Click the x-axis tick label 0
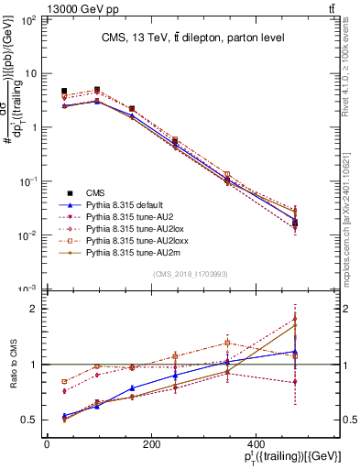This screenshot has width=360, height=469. click(x=47, y=445)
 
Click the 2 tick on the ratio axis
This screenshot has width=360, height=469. click(x=37, y=309)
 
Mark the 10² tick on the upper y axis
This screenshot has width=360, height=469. click(x=29, y=19)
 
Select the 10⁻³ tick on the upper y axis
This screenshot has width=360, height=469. click(x=29, y=289)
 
